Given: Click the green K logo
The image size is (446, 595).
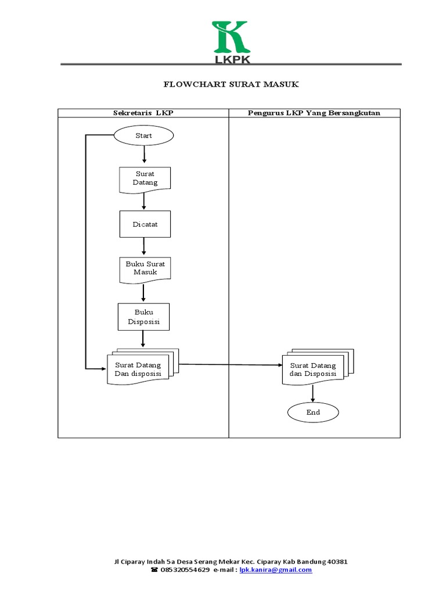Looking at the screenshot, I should (231, 37).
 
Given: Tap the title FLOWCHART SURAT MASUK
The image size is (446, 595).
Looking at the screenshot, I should (231, 85).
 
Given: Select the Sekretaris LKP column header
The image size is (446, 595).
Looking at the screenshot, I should (143, 113).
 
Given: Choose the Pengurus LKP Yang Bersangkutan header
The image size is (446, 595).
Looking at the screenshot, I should (314, 113).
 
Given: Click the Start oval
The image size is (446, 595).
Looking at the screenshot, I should (143, 136).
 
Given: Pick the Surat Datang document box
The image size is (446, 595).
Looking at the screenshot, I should (145, 178).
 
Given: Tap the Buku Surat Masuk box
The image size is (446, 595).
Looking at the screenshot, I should (145, 269).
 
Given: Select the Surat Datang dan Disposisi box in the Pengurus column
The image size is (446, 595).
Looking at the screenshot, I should (313, 369).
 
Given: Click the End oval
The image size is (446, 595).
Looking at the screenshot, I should (313, 413).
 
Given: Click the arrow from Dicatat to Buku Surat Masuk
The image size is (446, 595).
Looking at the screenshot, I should (144, 246).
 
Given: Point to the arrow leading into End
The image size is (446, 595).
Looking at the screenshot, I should (313, 393).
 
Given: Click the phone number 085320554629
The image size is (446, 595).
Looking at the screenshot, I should (185, 570).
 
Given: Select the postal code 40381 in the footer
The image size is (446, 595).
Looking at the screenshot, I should (336, 562).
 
